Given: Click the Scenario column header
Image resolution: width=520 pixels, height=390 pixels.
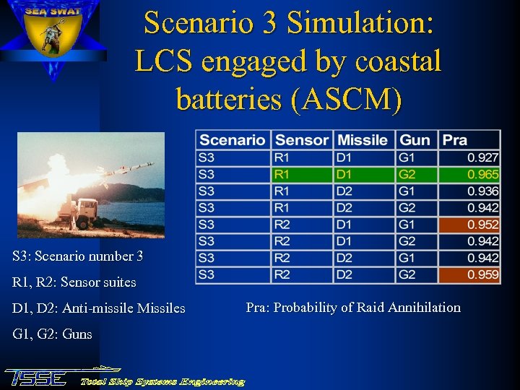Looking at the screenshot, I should click(233, 140).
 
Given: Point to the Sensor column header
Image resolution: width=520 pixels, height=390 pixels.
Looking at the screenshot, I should click(302, 140).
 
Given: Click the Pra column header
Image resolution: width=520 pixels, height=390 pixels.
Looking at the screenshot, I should click(455, 140).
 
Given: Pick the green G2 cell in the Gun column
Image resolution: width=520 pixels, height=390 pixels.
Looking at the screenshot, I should click(415, 174).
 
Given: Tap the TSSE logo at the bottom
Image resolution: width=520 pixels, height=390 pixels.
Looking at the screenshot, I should click(36, 377).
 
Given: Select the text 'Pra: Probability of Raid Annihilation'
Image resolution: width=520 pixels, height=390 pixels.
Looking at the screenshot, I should click(352, 308).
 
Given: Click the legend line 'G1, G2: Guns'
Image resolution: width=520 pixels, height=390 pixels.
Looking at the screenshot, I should click(52, 334).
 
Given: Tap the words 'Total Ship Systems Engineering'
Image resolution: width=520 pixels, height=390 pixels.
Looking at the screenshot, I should click(162, 381).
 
